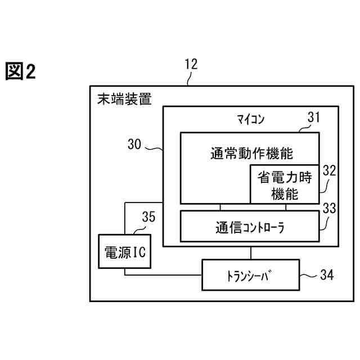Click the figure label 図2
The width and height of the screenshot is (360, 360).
tap(21, 71)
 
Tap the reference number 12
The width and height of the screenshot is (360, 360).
tap(191, 64)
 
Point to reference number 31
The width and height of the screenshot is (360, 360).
tap(313, 117)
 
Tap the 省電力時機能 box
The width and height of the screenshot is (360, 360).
tap(285, 185)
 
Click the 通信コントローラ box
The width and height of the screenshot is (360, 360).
tap(250, 228)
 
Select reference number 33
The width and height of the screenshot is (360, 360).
tap(329, 208)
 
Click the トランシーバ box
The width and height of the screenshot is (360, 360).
tap(250, 275)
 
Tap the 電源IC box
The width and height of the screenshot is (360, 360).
tap(124, 251)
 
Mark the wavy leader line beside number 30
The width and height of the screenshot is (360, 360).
tap(154, 148)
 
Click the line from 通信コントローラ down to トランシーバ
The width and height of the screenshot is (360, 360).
tap(250, 253)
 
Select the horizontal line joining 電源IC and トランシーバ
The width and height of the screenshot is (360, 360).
tap(163, 275)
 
